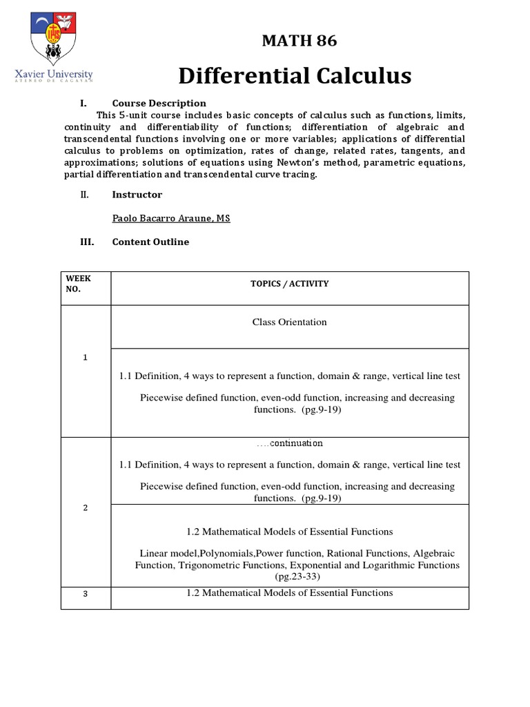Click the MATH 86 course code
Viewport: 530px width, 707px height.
pyautogui.click(x=300, y=41)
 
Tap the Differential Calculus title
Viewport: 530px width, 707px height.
pyautogui.click(x=295, y=75)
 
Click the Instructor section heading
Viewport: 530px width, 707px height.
pyautogui.click(x=137, y=195)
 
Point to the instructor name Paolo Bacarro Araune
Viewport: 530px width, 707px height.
pyautogui.click(x=170, y=218)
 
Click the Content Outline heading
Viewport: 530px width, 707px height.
pyautogui.click(x=150, y=242)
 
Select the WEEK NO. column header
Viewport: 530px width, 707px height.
pyautogui.click(x=77, y=284)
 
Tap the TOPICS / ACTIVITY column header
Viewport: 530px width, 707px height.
pyautogui.click(x=289, y=284)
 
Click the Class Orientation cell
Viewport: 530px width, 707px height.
pyautogui.click(x=289, y=322)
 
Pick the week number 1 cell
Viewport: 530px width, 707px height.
pyautogui.click(x=85, y=357)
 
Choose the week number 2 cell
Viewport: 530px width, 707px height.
pyautogui.click(x=85, y=507)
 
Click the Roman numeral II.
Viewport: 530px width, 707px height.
pyautogui.click(x=84, y=195)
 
